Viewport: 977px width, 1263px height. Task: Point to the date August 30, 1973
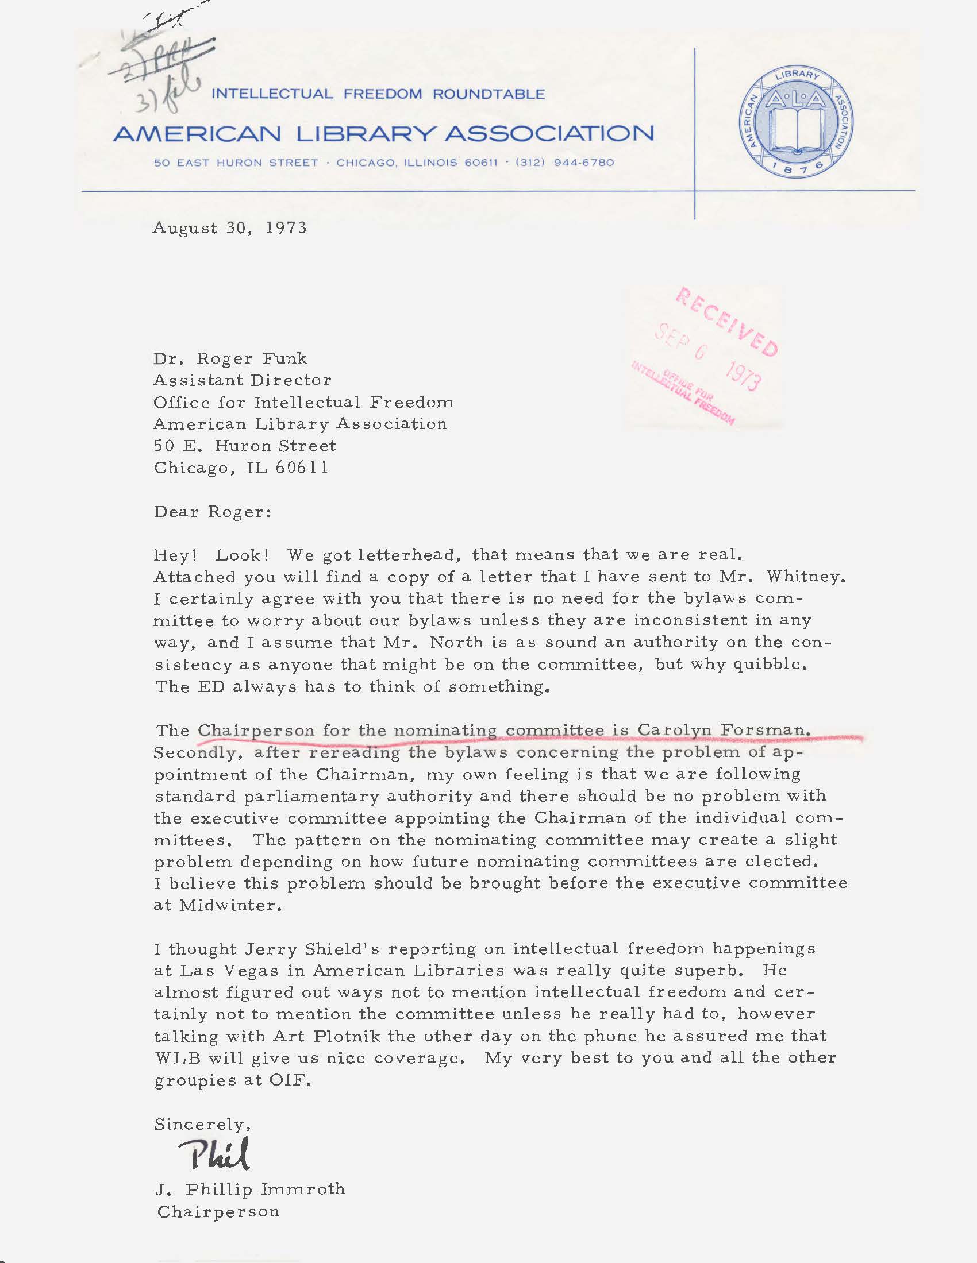tap(230, 228)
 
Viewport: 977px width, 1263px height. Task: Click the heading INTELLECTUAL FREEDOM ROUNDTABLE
tap(379, 94)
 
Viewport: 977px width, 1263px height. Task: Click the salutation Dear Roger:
tap(212, 512)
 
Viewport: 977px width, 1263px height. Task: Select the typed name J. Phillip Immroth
tap(250, 1189)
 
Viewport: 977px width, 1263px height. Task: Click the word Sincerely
tap(201, 1124)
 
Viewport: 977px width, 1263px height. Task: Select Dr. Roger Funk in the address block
tap(230, 358)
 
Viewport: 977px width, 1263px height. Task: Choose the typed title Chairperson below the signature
tap(218, 1211)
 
